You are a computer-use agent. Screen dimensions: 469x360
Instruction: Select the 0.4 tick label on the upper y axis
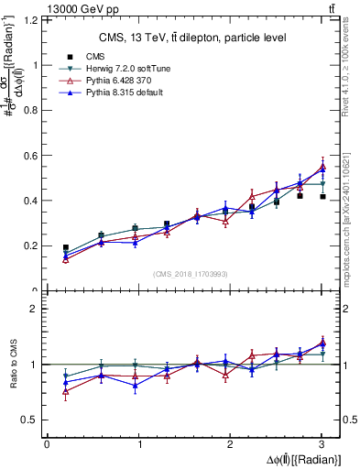34,201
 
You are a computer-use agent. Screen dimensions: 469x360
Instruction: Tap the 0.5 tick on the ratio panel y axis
34,420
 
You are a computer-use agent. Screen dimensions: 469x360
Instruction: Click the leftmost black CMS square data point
66,248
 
